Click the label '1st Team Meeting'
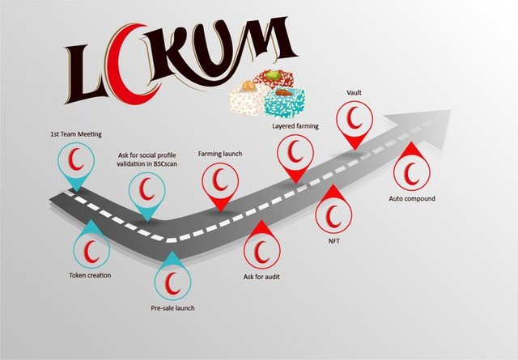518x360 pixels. pos(76,134)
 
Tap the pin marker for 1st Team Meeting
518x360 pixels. pos(76,163)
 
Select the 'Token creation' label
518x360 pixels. pos(90,275)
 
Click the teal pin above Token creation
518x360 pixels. pos(91,245)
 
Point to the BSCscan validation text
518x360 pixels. pos(147,159)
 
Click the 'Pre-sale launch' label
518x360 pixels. pos(172,308)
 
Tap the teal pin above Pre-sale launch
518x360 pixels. pos(172,276)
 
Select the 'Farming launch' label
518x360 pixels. pos(220,154)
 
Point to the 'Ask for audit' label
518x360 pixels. pos(261,277)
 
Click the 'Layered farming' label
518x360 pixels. pos(295,126)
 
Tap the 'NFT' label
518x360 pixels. pos(333,241)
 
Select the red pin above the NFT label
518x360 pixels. pos(333,210)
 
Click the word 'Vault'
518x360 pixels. pos(355,93)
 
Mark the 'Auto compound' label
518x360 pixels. pos(412,198)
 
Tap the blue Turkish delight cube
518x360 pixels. pos(283,101)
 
